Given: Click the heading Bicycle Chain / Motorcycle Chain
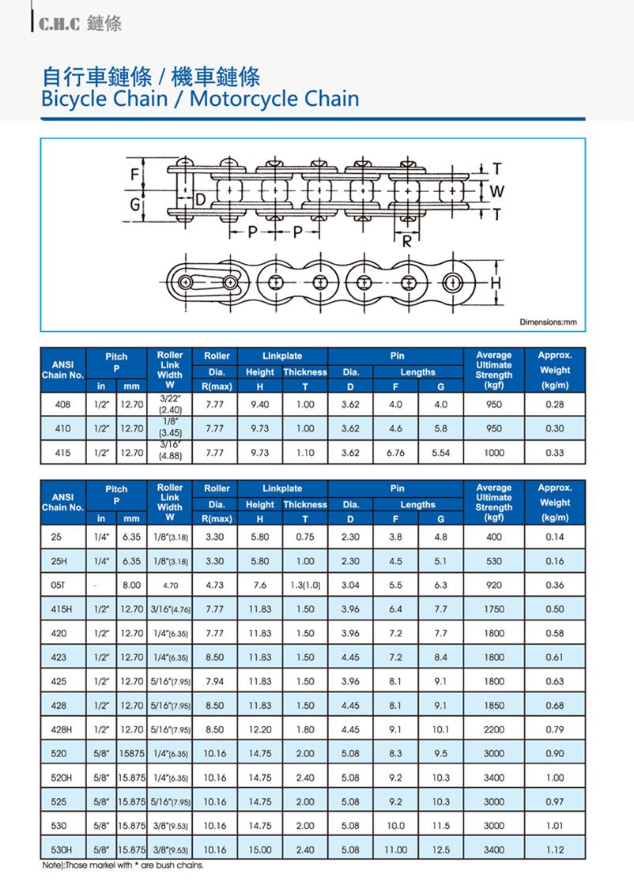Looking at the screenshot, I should coord(199,100).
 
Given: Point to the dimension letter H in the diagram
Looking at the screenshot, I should coord(496,282).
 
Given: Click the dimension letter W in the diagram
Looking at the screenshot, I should coord(496,190).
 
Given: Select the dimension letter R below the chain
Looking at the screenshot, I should coord(407,242).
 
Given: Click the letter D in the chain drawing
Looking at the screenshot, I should coord(200,199).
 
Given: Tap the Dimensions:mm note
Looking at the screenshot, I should coord(548,322).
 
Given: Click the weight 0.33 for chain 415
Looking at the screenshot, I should coord(554,453).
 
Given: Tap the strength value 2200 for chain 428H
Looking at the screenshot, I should coord(494,729).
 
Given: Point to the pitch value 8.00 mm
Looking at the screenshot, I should coord(131,586).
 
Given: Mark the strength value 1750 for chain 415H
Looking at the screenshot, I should coord(494,609).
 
